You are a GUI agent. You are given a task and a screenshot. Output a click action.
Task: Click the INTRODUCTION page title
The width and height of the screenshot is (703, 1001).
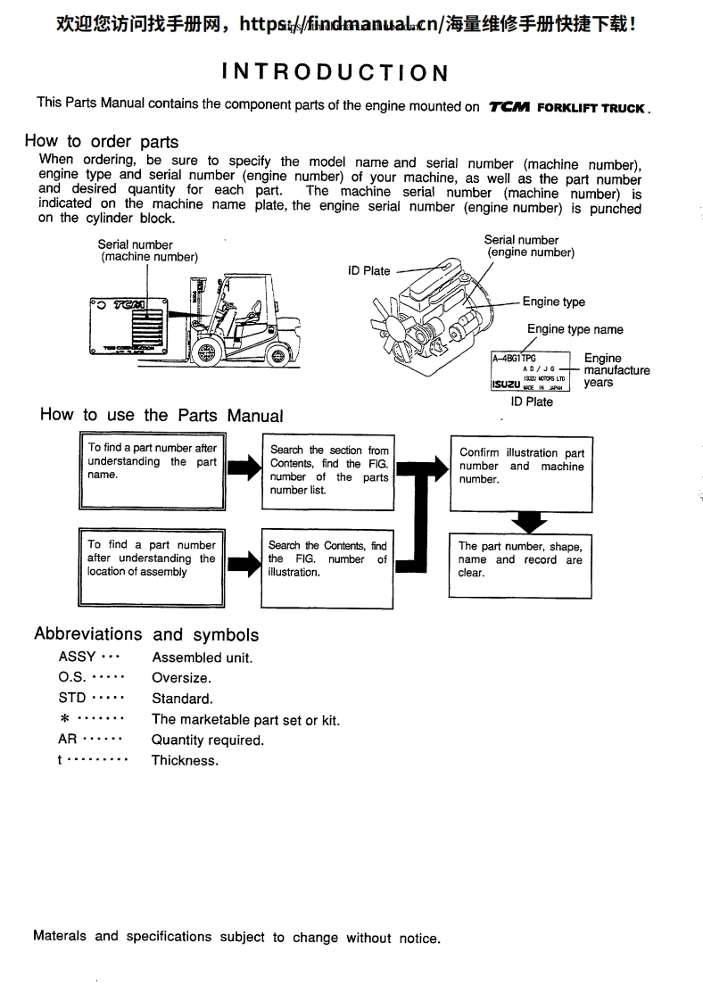(x=335, y=72)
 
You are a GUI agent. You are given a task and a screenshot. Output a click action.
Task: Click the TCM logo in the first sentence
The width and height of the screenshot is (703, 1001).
(x=509, y=107)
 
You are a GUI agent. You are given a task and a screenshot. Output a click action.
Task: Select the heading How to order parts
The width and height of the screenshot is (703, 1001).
(x=102, y=141)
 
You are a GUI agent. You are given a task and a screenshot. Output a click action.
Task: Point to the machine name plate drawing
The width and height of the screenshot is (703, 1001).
(x=127, y=327)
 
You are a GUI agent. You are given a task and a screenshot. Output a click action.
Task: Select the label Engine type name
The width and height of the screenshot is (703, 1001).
(x=575, y=329)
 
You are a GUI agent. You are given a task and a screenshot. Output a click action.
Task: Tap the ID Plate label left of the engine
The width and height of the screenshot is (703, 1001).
(x=368, y=271)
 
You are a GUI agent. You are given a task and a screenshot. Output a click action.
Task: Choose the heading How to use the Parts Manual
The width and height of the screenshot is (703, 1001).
(x=161, y=415)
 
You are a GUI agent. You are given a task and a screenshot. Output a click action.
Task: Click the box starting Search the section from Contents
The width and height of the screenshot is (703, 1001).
(x=328, y=471)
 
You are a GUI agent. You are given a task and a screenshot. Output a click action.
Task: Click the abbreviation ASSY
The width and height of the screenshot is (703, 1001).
(x=77, y=657)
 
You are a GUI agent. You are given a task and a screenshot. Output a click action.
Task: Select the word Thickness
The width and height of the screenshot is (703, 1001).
(x=185, y=760)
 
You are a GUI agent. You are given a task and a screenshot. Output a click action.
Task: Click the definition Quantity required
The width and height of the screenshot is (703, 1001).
(x=208, y=740)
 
